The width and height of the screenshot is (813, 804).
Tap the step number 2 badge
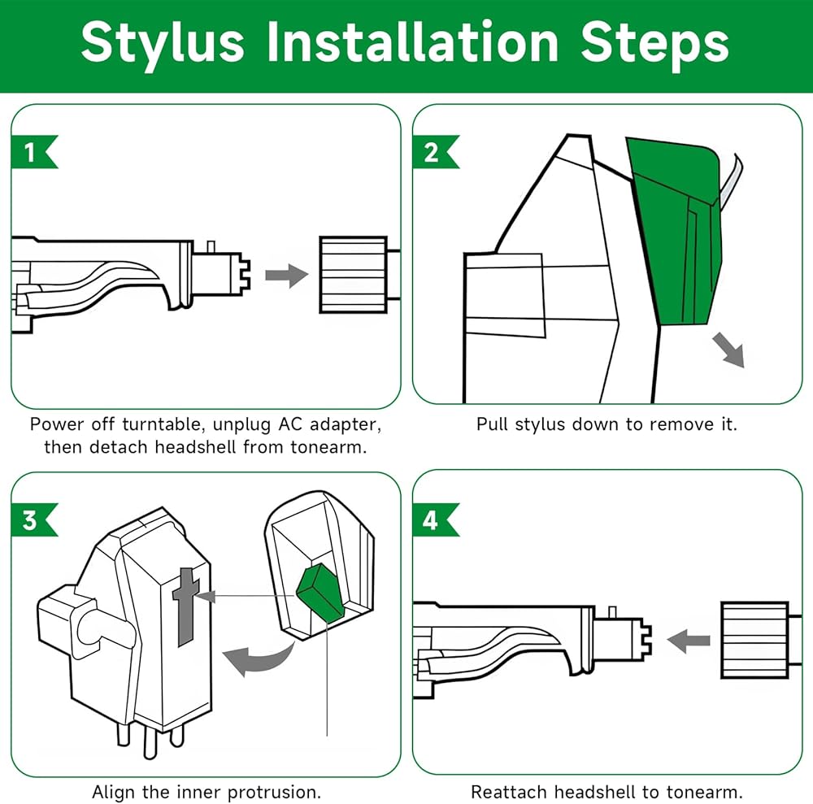433,152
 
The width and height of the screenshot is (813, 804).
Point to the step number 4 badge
433,519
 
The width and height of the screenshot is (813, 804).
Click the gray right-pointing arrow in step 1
287,276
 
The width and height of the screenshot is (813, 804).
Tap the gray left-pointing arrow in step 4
688,641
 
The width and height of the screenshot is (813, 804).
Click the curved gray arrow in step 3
258,658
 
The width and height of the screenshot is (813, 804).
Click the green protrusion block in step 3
321,592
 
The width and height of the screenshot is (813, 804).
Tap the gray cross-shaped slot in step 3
185,606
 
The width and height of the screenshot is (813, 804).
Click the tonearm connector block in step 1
354,275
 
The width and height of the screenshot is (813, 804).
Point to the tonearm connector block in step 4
755,641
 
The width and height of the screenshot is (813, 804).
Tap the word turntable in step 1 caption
159,424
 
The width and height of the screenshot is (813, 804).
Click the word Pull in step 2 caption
493,424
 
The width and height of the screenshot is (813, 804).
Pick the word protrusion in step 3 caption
274,792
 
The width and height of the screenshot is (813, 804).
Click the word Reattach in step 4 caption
509,792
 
